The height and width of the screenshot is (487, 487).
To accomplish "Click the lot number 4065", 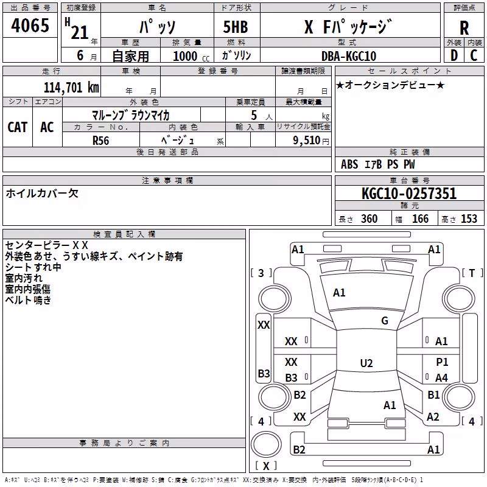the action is (30, 25).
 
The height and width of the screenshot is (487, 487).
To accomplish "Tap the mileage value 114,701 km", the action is (71, 87).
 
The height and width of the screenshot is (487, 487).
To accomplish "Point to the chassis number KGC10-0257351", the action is (409, 193).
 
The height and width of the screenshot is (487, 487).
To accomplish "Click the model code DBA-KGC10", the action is (348, 56).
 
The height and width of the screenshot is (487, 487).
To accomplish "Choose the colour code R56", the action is (100, 141).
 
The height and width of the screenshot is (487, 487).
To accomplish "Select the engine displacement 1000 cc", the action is (191, 56).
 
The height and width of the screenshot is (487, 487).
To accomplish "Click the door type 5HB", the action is (236, 27).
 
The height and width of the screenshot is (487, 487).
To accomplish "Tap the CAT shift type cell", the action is (18, 127).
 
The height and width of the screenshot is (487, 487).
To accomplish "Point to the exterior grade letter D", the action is (454, 55).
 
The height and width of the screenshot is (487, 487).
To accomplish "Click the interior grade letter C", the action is (474, 55).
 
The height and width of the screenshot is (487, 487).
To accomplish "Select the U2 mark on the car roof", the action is (366, 363).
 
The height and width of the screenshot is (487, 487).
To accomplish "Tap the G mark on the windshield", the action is (385, 320).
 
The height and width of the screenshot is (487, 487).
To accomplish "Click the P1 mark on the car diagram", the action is (442, 362).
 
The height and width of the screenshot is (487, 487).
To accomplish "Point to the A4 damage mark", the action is (441, 377).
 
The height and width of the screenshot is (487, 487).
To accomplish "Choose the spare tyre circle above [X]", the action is (266, 444).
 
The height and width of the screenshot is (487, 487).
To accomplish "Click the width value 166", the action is (420, 219).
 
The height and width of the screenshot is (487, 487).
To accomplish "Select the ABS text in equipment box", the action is (349, 164).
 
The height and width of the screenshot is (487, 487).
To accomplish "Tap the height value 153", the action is (469, 219).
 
